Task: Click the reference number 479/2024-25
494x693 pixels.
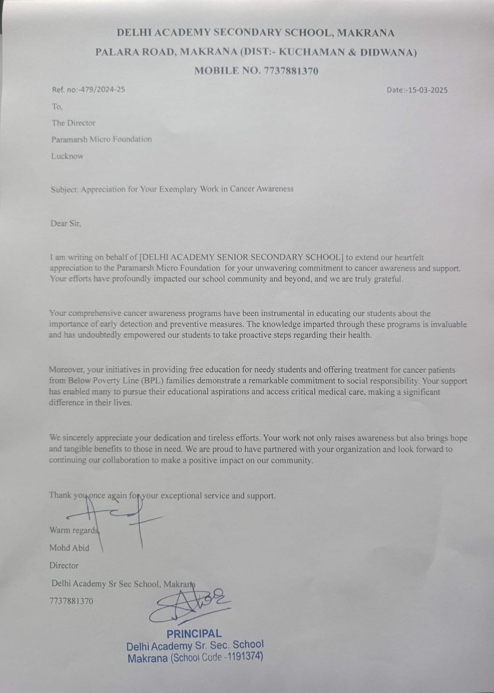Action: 99,90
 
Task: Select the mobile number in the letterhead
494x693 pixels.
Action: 290,71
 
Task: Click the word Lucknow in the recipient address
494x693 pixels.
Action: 67,156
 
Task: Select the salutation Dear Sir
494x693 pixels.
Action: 66,223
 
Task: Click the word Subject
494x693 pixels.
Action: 64,189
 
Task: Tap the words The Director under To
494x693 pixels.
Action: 74,123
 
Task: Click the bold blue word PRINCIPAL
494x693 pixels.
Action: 194,634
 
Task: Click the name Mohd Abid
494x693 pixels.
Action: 69,548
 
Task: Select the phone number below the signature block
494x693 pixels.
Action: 71,601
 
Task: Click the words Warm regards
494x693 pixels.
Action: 74,530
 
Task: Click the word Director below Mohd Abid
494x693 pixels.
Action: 64,566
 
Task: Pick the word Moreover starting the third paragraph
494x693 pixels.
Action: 67,370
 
